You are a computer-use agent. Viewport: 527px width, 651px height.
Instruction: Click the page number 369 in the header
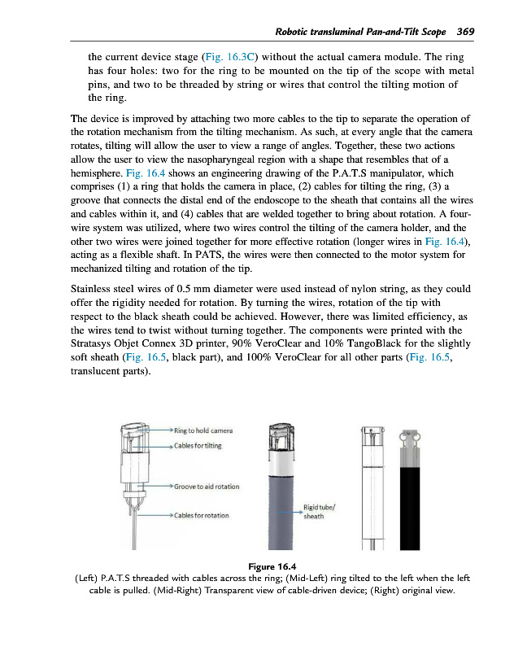[x=465, y=32]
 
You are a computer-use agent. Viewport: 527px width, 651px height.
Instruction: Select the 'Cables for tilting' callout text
[x=197, y=445]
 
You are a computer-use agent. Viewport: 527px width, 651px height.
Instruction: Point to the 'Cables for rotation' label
[x=200, y=515]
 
